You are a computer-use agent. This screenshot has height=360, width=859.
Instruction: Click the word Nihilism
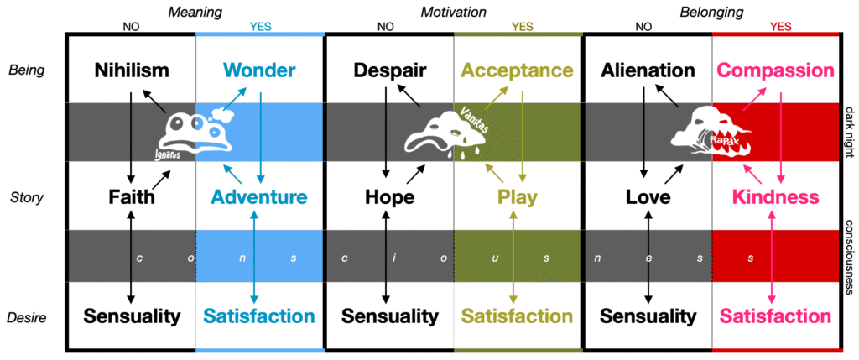[132, 70]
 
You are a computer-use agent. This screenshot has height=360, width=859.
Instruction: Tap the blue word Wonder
[260, 70]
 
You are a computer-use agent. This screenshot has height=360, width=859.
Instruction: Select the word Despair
[389, 70]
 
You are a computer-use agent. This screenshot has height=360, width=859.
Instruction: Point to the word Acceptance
[518, 70]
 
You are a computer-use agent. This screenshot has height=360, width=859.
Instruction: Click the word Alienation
[648, 70]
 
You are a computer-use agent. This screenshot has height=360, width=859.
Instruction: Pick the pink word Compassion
[776, 70]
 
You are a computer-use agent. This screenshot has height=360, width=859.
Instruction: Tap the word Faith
[132, 197]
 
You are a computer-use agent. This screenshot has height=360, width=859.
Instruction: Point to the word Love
[648, 197]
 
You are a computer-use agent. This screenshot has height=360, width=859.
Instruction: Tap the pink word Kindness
[776, 197]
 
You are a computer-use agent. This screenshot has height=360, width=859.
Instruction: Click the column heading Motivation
[454, 11]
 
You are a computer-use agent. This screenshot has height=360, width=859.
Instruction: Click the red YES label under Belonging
[776, 26]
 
